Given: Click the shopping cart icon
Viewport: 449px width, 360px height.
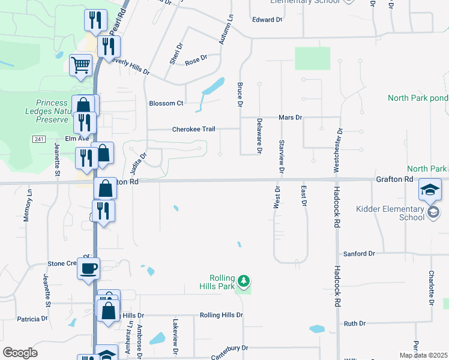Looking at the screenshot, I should (80, 64).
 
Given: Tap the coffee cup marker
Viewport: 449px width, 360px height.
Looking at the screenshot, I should (89, 268).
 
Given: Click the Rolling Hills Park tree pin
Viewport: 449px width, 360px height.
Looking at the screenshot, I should (243, 281).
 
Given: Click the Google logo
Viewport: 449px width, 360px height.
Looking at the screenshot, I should (20, 353).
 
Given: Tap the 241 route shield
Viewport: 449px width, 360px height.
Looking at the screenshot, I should (39, 139).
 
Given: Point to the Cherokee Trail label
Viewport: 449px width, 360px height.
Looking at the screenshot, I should (193, 129).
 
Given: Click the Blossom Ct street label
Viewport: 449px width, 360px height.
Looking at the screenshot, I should (166, 103).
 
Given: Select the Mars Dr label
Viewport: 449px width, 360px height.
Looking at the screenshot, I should (291, 118).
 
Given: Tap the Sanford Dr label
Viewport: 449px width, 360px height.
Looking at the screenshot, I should (359, 254).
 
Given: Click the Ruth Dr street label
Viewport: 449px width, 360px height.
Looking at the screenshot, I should (354, 323).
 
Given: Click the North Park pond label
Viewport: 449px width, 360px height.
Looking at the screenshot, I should (417, 98).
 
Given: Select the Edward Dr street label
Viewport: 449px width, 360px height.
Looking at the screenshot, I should (267, 20).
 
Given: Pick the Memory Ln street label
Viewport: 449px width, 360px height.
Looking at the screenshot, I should (27, 208).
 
